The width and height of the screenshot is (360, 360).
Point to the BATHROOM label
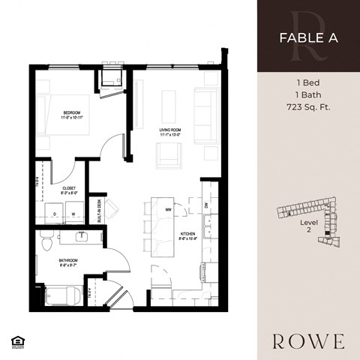coord(69,261)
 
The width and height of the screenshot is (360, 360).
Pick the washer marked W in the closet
coord(73,214)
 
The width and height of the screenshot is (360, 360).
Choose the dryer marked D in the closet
coord(55,214)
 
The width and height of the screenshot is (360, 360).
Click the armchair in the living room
coord(167,154)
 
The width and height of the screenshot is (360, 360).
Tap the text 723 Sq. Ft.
coord(308,106)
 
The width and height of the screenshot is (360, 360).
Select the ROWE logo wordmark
coord(308,341)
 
